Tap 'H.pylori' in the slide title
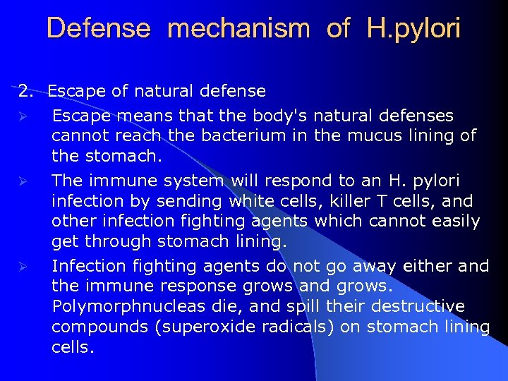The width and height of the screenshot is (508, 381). coord(413,29)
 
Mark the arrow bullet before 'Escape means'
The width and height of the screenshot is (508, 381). coord(23,116)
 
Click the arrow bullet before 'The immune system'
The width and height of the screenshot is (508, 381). coord(23,181)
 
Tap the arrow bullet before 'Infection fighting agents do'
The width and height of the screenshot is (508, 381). coord(23,267)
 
